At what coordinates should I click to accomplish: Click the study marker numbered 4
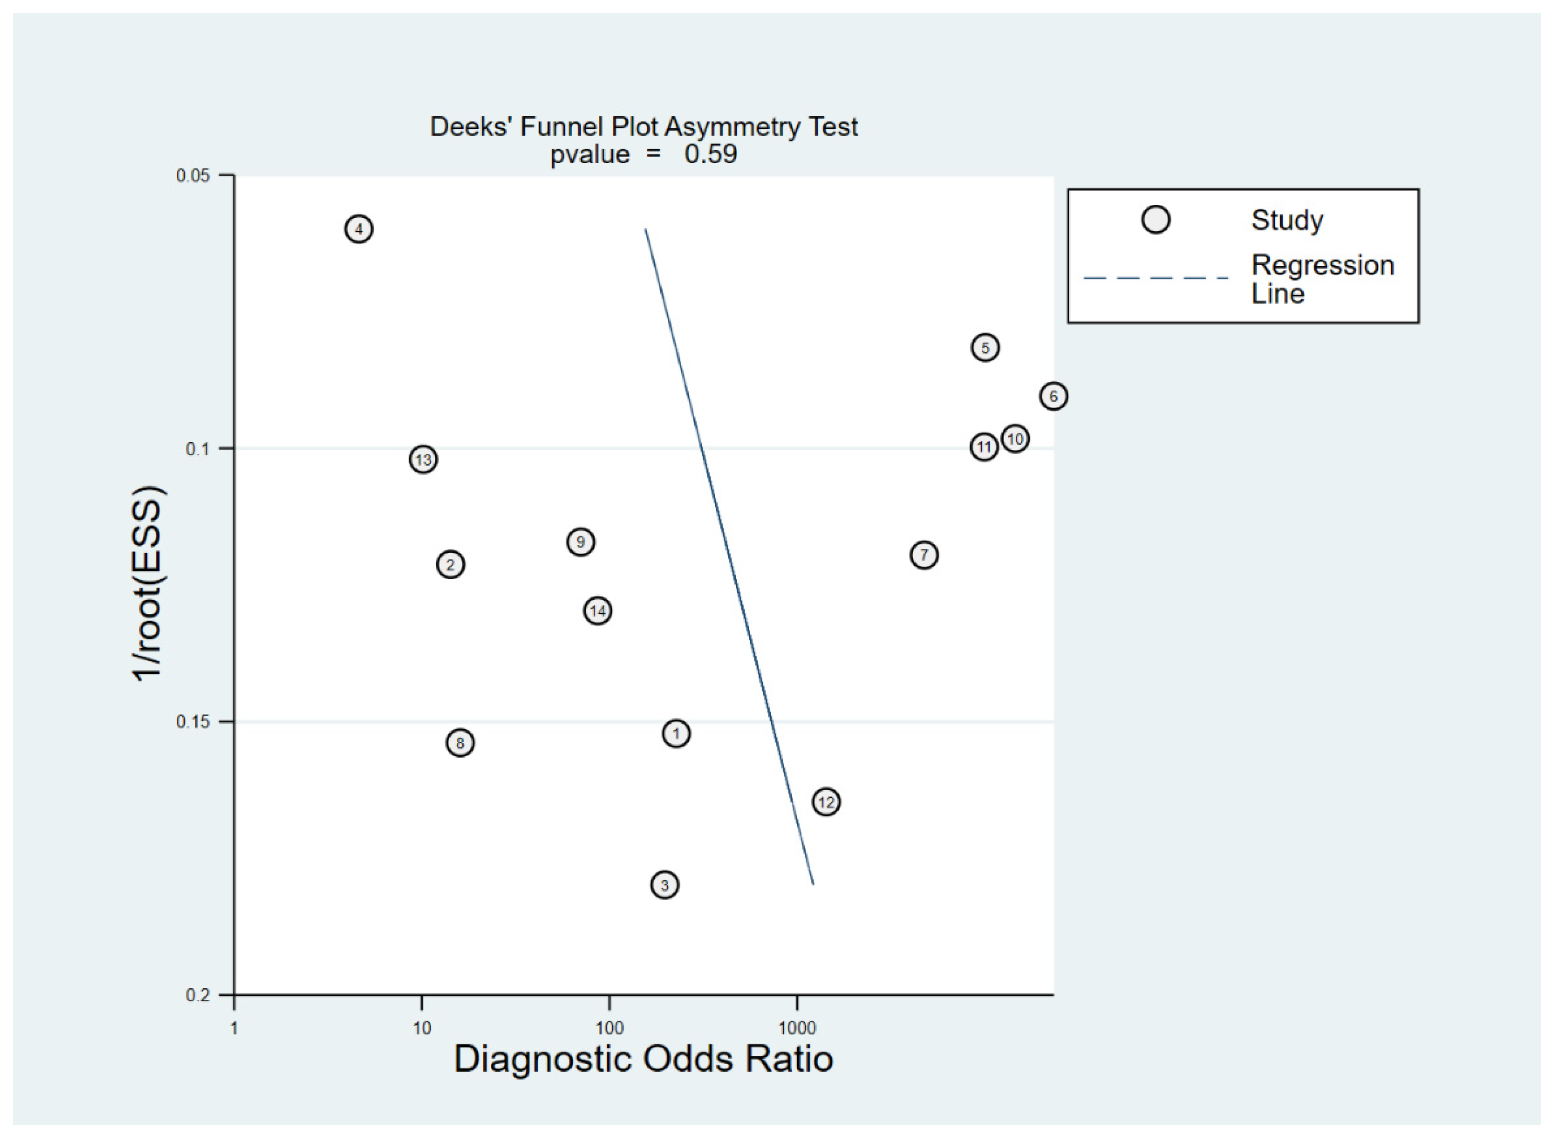(x=359, y=229)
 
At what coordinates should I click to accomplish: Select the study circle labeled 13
(x=423, y=459)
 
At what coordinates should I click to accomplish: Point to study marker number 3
(x=665, y=885)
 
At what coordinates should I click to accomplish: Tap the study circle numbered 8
(x=460, y=743)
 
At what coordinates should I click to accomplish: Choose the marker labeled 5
(x=986, y=347)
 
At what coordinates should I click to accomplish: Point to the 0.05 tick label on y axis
(x=193, y=176)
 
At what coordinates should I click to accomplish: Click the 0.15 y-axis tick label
(x=193, y=722)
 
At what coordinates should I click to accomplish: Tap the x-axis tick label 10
(x=421, y=1029)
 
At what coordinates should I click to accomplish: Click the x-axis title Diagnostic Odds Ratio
(x=643, y=1060)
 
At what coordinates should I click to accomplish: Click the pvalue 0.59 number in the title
(x=710, y=154)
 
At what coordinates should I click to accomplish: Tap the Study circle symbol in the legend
(x=1156, y=220)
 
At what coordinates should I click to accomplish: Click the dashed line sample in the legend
(x=1155, y=278)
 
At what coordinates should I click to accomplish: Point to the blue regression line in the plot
(x=729, y=557)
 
